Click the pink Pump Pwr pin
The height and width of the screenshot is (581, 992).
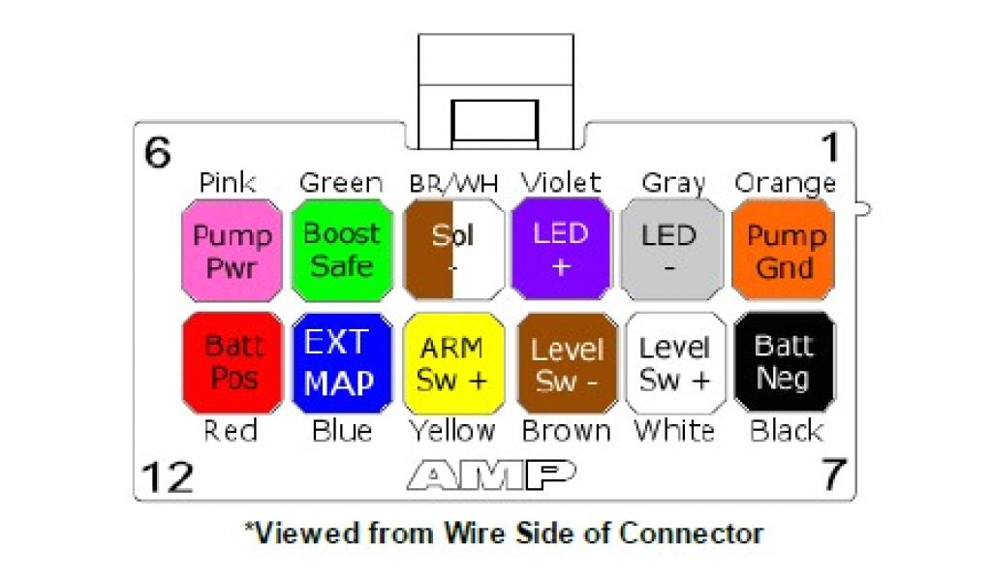point(232,251)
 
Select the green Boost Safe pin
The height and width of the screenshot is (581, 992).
point(342,251)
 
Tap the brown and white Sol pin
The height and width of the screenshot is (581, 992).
point(453,251)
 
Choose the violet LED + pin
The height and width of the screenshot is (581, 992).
point(561,251)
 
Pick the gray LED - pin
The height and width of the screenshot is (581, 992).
point(670,251)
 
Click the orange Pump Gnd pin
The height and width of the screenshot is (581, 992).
point(784,251)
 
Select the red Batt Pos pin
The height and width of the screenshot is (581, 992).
point(232,363)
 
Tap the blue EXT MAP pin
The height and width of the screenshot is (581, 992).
point(342,363)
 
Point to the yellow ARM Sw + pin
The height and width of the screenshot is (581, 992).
point(453,363)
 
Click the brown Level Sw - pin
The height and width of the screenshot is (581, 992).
point(567,363)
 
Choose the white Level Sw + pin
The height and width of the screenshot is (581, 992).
point(675,363)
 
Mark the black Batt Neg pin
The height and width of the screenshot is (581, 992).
point(784,361)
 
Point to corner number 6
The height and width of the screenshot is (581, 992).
point(158,152)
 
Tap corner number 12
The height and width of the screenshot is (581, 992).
point(168,476)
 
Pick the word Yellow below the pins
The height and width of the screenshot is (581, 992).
point(451,431)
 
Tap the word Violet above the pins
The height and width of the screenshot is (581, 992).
point(561,182)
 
